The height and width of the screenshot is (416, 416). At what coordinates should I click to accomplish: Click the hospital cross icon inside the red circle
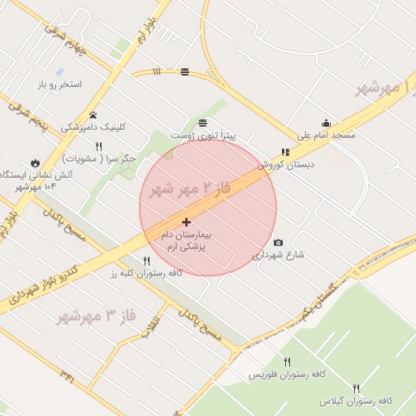click(187, 222)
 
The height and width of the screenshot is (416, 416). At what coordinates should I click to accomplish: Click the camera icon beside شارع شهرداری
click(279, 242)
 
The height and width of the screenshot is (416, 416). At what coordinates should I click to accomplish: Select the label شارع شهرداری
click(278, 255)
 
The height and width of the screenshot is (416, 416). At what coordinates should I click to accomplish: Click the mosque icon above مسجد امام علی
click(326, 123)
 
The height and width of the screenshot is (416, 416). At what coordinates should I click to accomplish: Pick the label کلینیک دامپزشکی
click(94, 127)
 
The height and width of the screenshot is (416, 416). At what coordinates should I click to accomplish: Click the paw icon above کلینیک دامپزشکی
click(93, 115)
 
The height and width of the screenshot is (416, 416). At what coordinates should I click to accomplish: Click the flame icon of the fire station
click(35, 162)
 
